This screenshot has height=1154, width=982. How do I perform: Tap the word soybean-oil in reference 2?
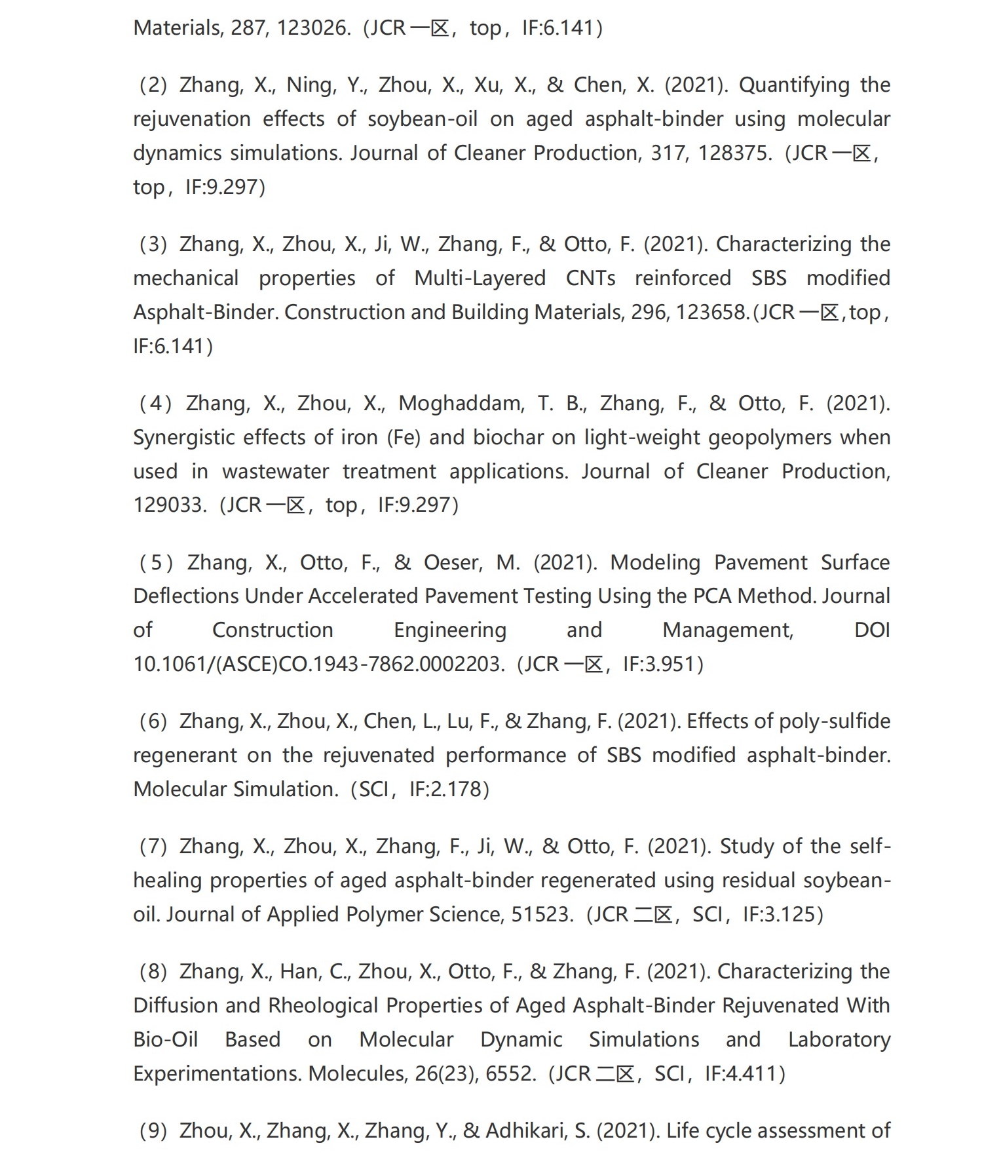[x=422, y=119]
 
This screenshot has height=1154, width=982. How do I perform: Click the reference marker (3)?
[x=153, y=244]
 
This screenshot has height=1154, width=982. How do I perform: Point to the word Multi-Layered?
[x=480, y=278]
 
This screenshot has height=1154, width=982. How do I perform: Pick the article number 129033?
[x=169, y=505]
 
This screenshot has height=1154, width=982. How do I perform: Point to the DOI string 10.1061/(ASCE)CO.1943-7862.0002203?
[x=318, y=664]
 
